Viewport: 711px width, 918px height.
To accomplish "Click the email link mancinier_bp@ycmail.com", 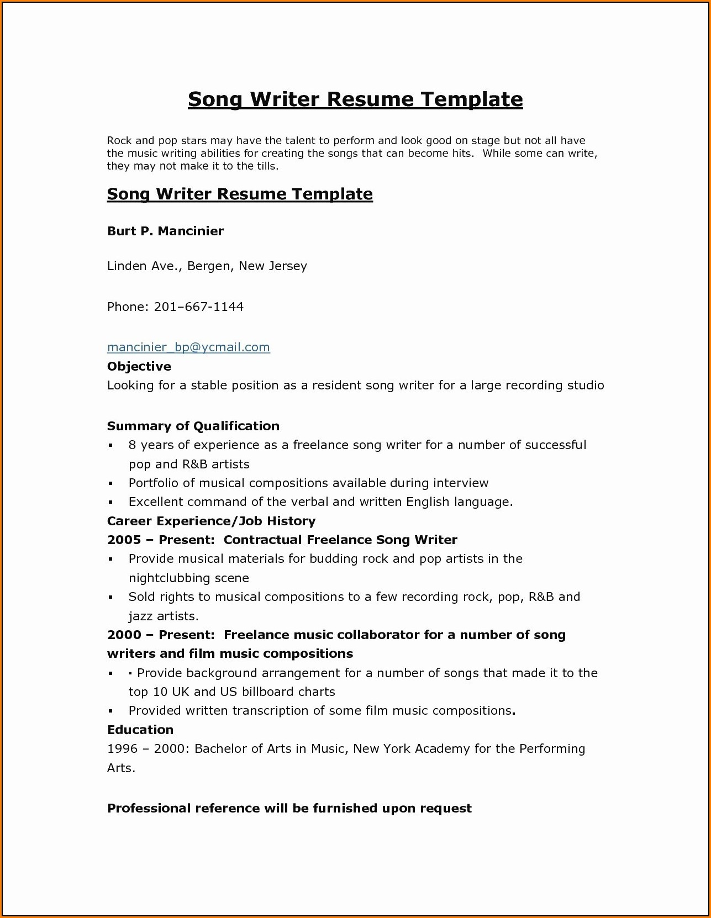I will (x=188, y=347).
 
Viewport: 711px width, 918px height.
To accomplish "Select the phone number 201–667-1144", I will (x=198, y=307).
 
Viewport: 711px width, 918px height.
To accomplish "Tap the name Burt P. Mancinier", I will (x=165, y=231).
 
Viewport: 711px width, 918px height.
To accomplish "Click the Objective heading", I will (x=139, y=366).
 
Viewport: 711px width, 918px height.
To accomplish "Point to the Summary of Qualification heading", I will (x=193, y=426).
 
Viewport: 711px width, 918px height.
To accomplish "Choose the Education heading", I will (x=140, y=730).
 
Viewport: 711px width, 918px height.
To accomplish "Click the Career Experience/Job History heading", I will (x=211, y=521).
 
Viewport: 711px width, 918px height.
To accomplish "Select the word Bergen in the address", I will (x=208, y=266).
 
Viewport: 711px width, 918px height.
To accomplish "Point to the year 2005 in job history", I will (x=124, y=540).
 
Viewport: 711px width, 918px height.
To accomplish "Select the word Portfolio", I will (x=154, y=483).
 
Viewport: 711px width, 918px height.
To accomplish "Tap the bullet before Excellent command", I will (x=110, y=503).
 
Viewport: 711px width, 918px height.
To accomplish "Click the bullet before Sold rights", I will (x=110, y=598).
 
